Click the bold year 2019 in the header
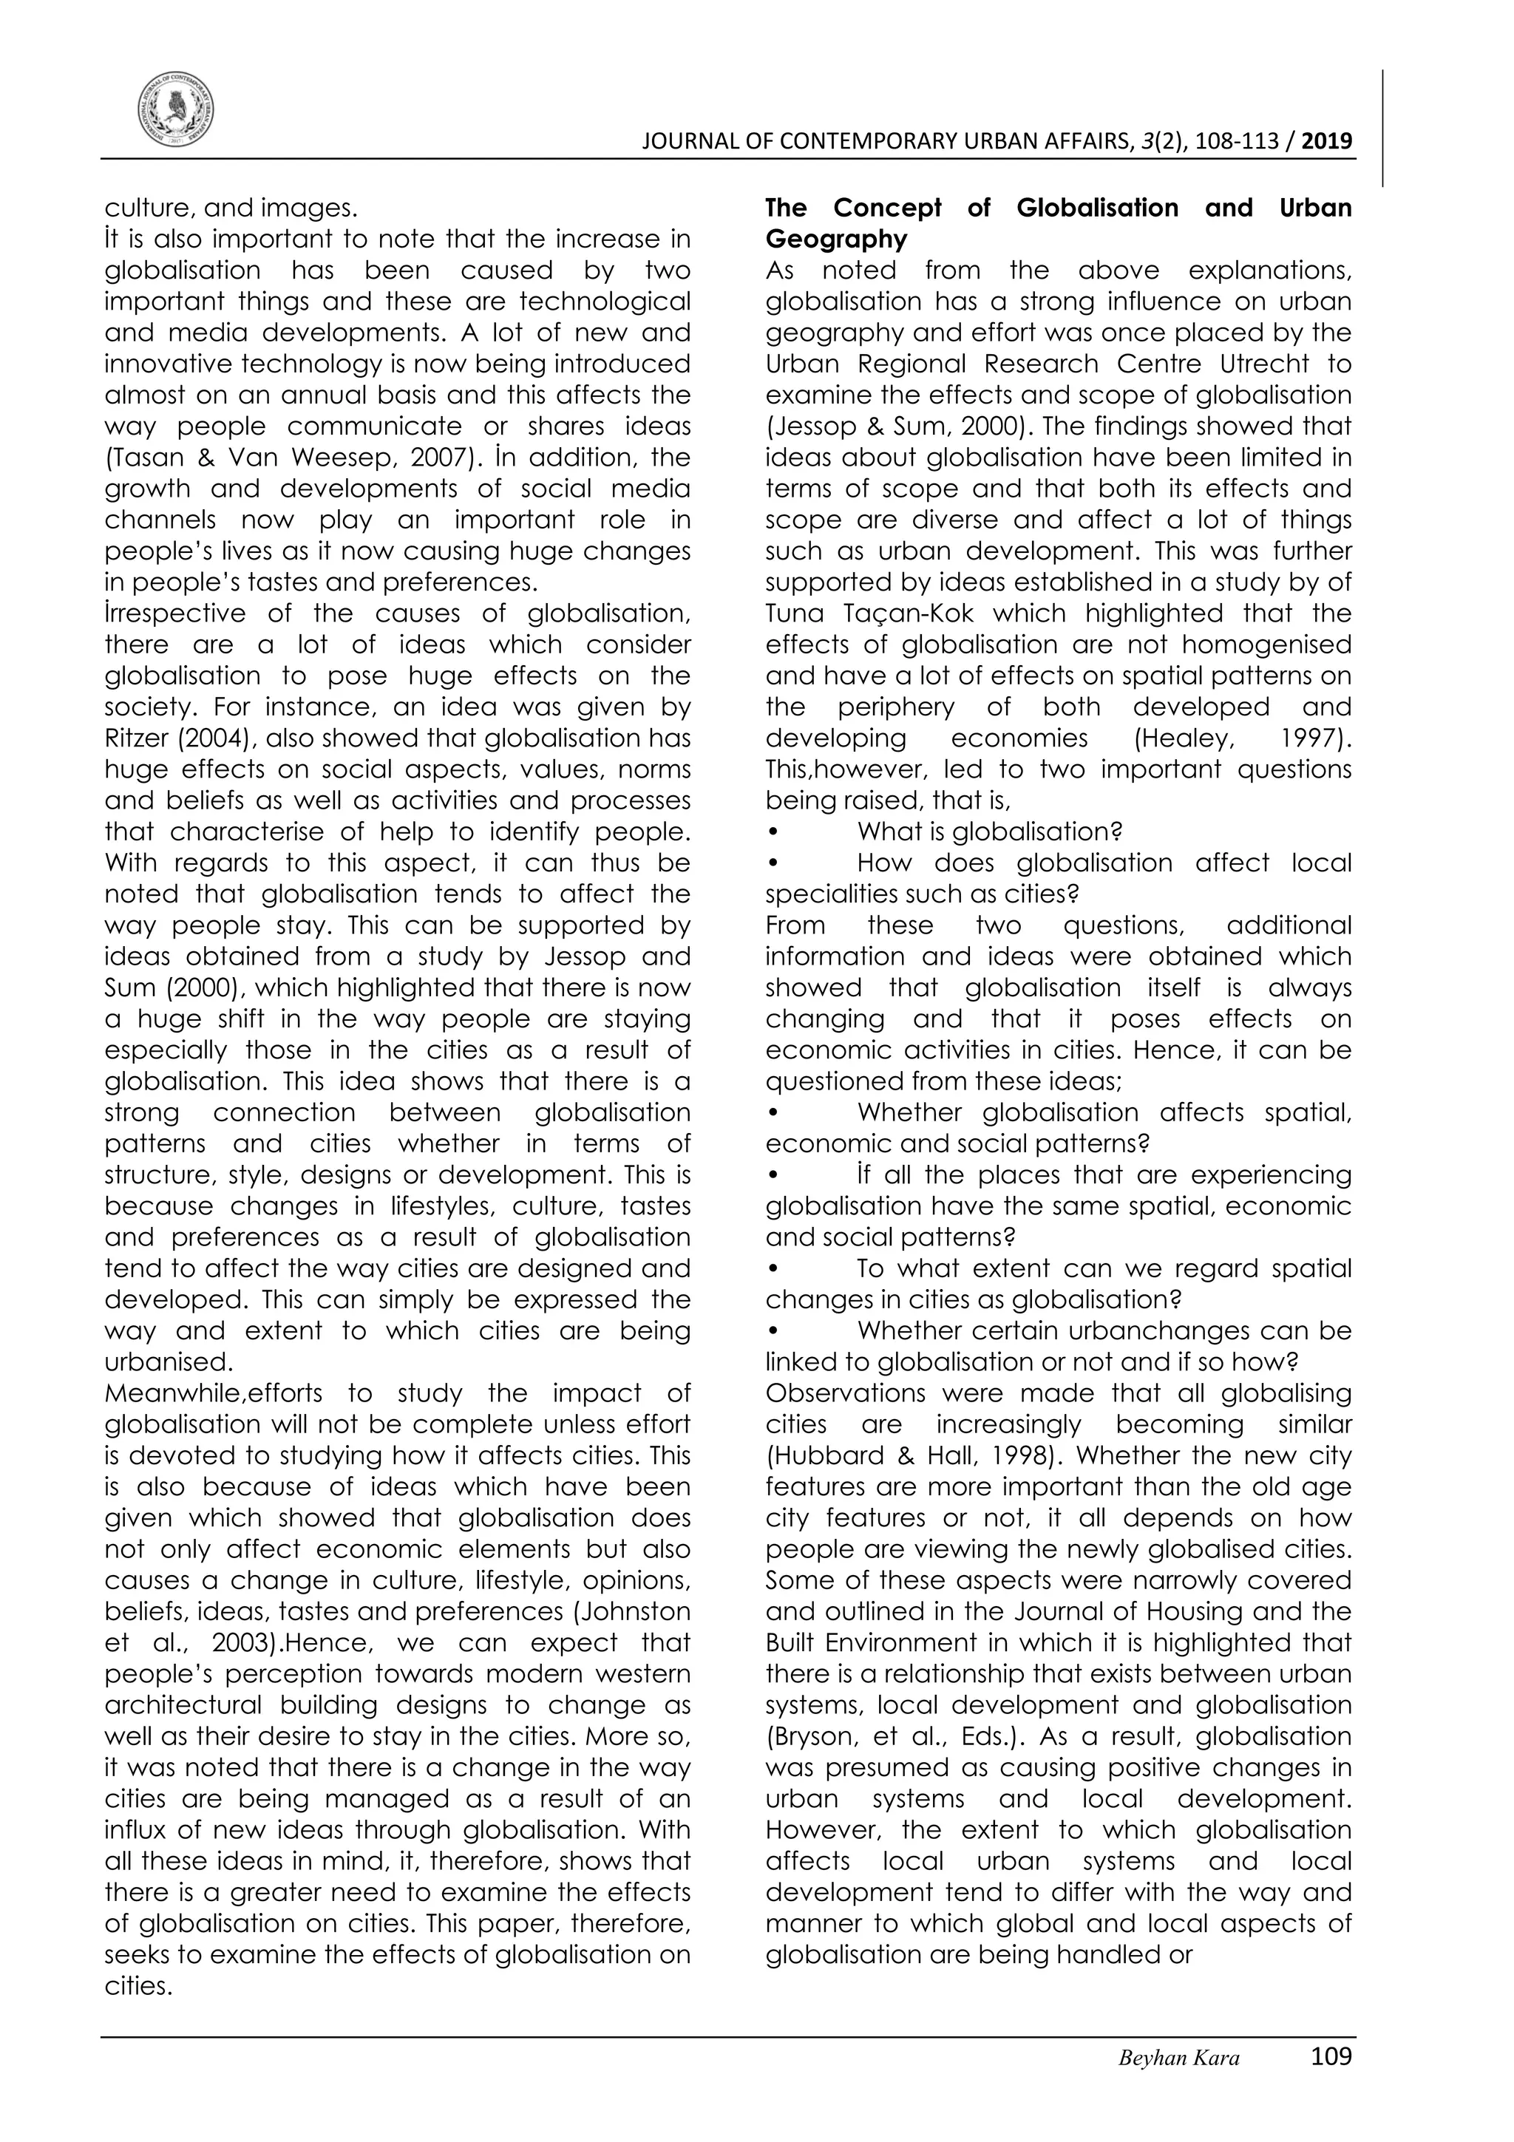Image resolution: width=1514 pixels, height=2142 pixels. click(x=1326, y=142)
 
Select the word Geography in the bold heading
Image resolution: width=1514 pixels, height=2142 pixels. click(x=836, y=239)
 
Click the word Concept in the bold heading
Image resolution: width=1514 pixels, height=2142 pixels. click(x=887, y=208)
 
